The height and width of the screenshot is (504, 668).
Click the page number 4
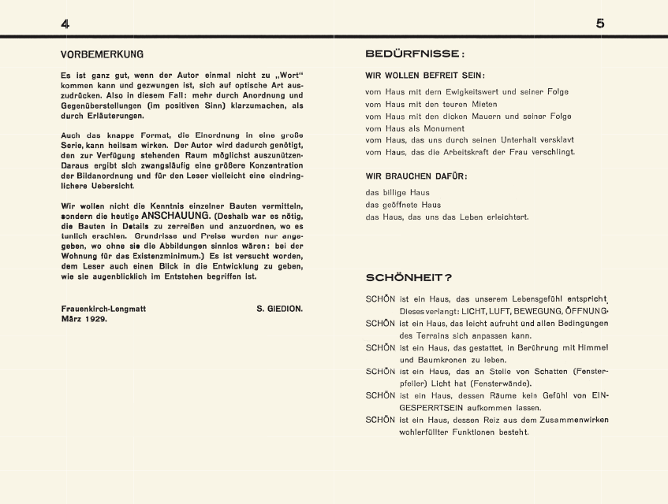click(65, 24)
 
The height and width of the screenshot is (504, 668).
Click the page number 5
click(600, 24)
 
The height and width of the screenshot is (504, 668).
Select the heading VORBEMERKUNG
click(102, 55)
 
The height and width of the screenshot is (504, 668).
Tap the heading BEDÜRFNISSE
click(414, 54)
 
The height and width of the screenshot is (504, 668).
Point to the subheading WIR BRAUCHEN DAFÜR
click(416, 176)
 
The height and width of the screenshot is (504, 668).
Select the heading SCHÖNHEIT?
click(409, 278)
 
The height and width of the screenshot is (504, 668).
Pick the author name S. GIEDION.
click(279, 309)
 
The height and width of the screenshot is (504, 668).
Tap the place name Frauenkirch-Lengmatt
click(103, 309)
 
